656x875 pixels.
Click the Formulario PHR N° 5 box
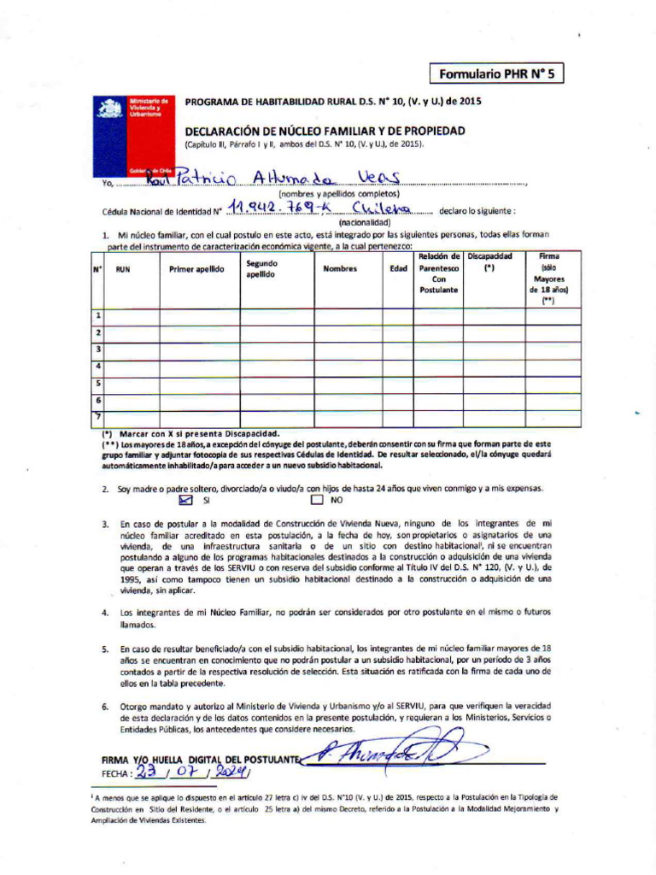(x=496, y=74)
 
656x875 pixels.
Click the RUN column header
(x=123, y=268)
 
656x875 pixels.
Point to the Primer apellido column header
(x=196, y=268)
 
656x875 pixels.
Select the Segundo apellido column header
(x=261, y=269)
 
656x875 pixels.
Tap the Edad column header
(x=398, y=268)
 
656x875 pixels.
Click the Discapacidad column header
(x=489, y=261)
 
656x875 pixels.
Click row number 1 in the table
(x=98, y=316)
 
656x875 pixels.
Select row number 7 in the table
(x=98, y=416)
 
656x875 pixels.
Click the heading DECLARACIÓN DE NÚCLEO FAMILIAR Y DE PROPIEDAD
(x=325, y=131)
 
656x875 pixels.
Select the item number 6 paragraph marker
(x=104, y=707)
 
